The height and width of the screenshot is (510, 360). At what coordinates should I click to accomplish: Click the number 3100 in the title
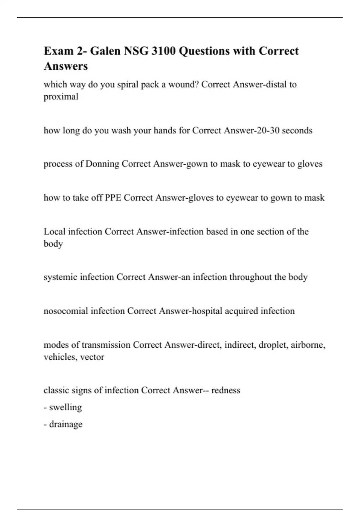(163, 51)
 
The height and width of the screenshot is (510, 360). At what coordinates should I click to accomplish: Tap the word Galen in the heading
(104, 51)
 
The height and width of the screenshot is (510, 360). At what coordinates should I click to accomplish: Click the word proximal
(61, 97)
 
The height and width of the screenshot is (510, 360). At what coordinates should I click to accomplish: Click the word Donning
(102, 164)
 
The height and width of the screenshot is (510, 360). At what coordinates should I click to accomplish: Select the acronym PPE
(113, 198)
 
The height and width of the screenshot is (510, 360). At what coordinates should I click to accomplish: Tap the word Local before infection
(55, 232)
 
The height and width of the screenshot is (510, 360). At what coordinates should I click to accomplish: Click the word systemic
(60, 277)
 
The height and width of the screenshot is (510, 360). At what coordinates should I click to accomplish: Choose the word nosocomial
(66, 311)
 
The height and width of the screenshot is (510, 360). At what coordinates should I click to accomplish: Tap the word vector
(92, 357)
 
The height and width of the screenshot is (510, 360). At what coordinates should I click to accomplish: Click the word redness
(226, 390)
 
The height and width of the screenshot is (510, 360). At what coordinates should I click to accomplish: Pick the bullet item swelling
(65, 407)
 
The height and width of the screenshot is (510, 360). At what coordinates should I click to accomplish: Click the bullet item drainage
(66, 424)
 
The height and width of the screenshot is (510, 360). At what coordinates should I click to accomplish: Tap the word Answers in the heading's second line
(66, 66)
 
